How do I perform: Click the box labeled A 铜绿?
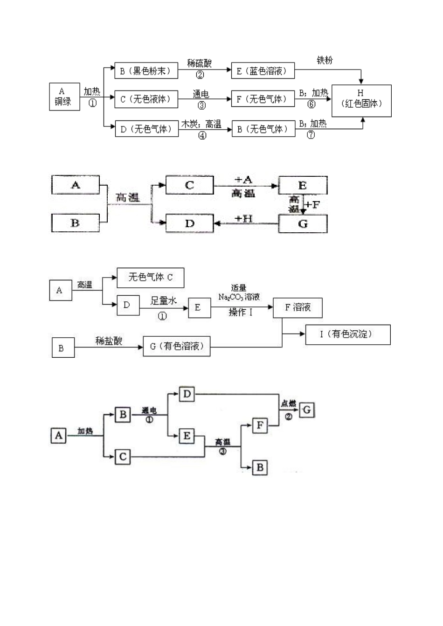[64, 97]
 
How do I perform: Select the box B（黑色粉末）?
[146, 71]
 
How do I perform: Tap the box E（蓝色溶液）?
[263, 71]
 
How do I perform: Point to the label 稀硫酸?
[199, 63]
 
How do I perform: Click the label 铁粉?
[325, 61]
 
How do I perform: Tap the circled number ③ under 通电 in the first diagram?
[201, 105]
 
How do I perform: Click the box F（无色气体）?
[263, 99]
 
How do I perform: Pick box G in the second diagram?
[303, 224]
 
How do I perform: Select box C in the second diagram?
[189, 185]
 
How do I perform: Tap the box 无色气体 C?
[150, 278]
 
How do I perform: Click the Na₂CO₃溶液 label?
[239, 297]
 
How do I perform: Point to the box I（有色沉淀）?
[347, 335]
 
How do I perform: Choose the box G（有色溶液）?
[176, 347]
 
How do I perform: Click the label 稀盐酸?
[109, 341]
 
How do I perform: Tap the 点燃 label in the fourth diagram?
[288, 403]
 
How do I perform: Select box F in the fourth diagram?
[260, 425]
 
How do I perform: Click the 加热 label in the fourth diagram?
[85, 431]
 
